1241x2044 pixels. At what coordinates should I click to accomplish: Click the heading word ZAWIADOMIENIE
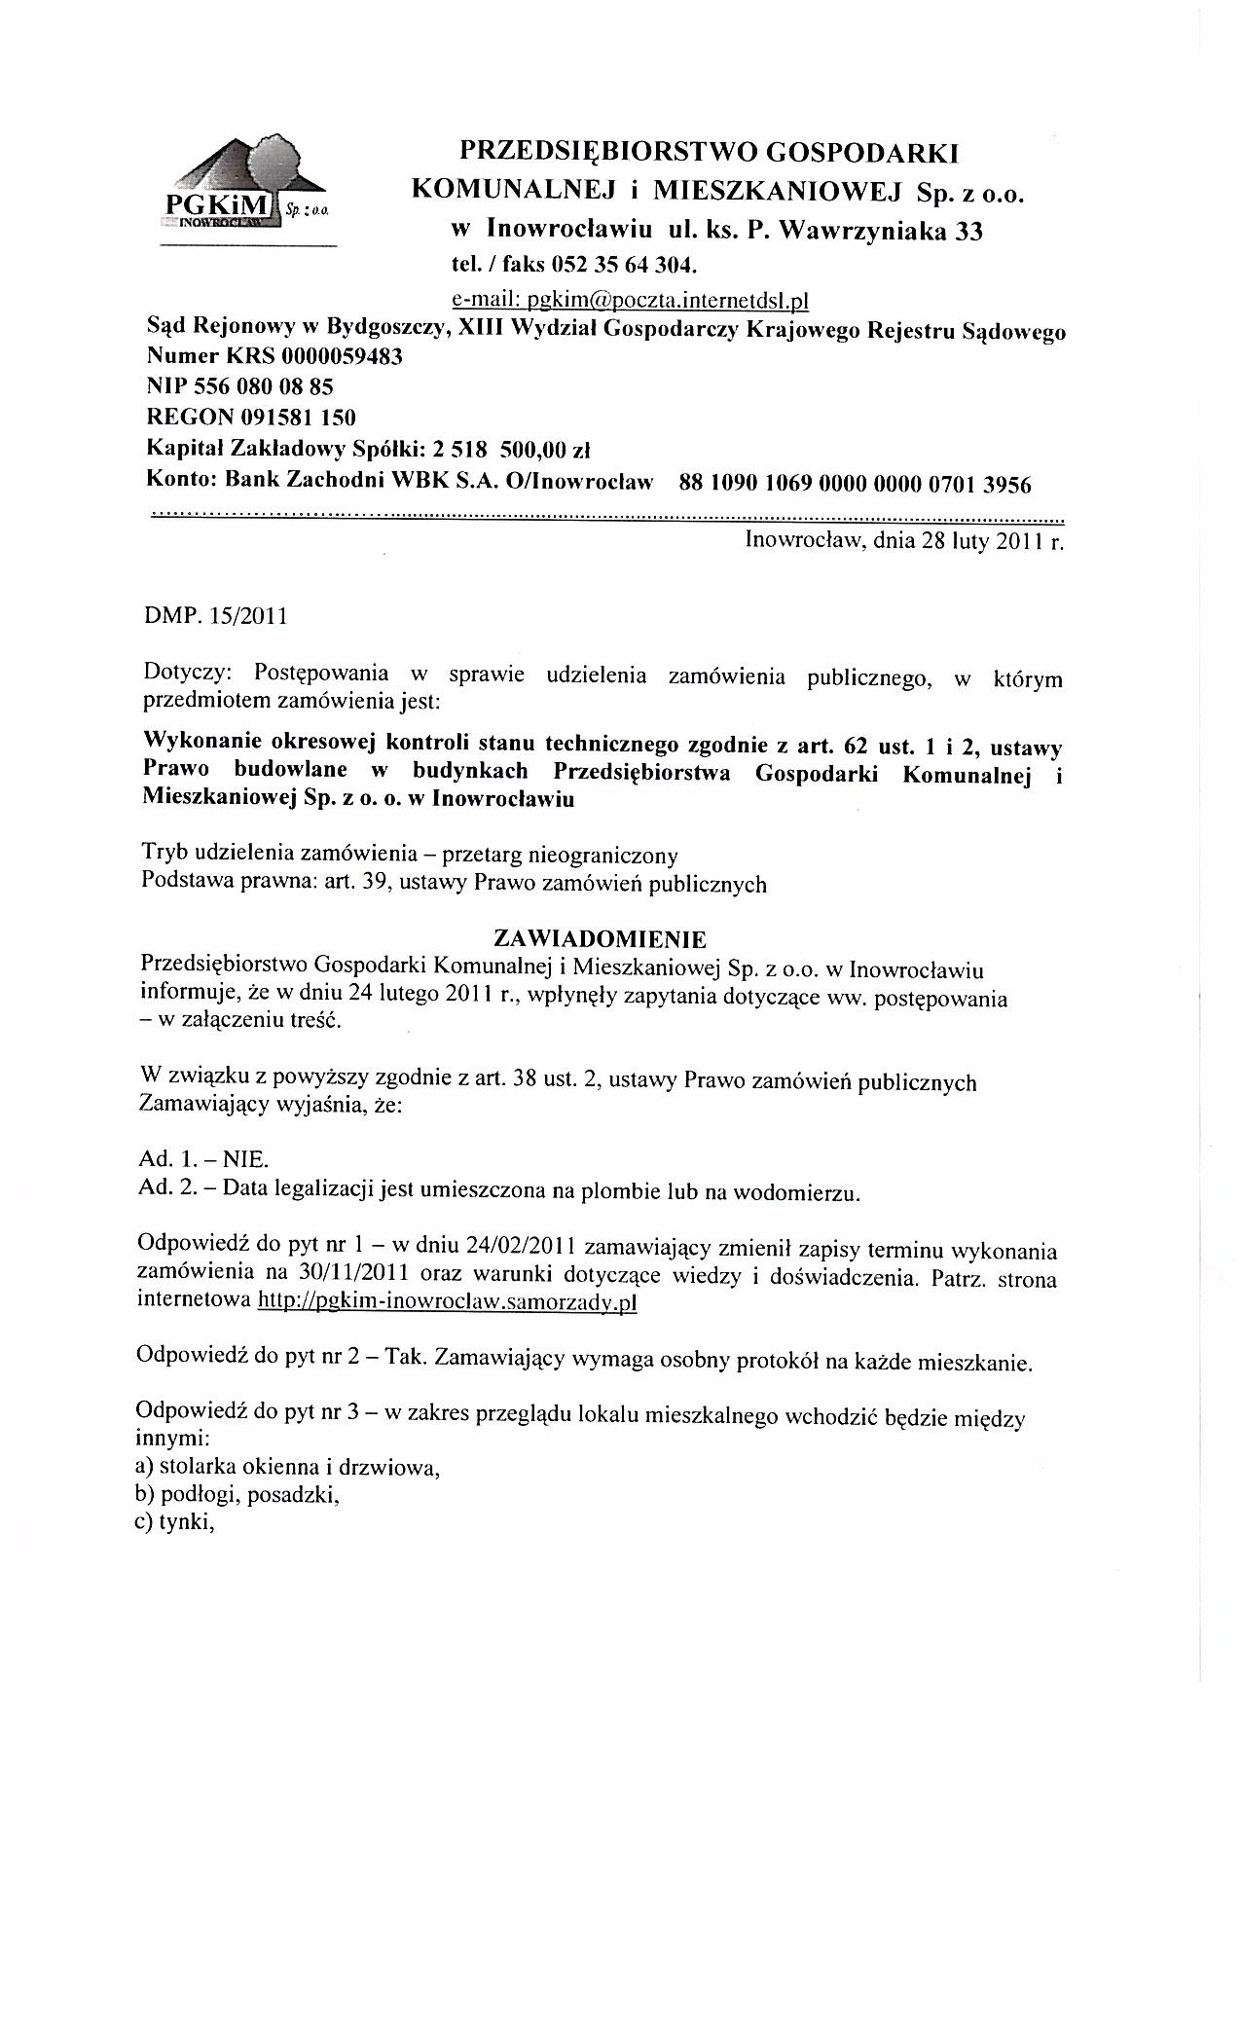point(600,939)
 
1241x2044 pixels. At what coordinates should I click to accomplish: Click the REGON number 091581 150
point(292,418)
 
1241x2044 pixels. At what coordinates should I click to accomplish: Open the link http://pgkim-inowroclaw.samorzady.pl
point(446,1301)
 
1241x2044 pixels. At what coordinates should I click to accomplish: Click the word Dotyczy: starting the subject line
point(190,674)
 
